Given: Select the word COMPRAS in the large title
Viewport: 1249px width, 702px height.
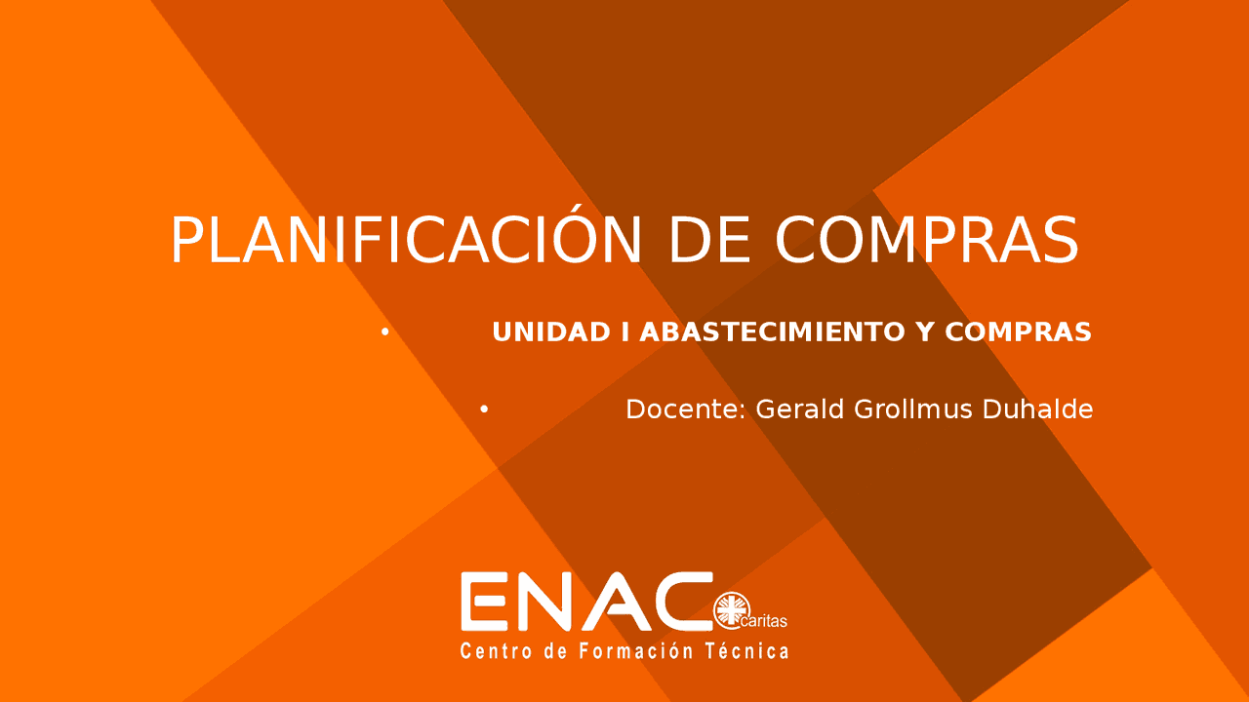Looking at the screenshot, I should click(926, 240).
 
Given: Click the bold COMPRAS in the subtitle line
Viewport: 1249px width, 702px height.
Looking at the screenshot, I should click(1018, 332).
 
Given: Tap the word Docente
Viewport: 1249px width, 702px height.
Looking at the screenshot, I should click(686, 409).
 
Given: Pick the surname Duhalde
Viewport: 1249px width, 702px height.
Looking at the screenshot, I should click(1037, 409).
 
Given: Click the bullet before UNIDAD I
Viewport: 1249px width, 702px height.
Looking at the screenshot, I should click(385, 332).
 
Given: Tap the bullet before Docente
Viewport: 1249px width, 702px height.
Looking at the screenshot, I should click(484, 409).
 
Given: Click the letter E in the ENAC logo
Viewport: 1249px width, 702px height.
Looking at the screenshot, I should click(482, 601).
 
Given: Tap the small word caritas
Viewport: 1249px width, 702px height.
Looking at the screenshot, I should click(765, 621).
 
